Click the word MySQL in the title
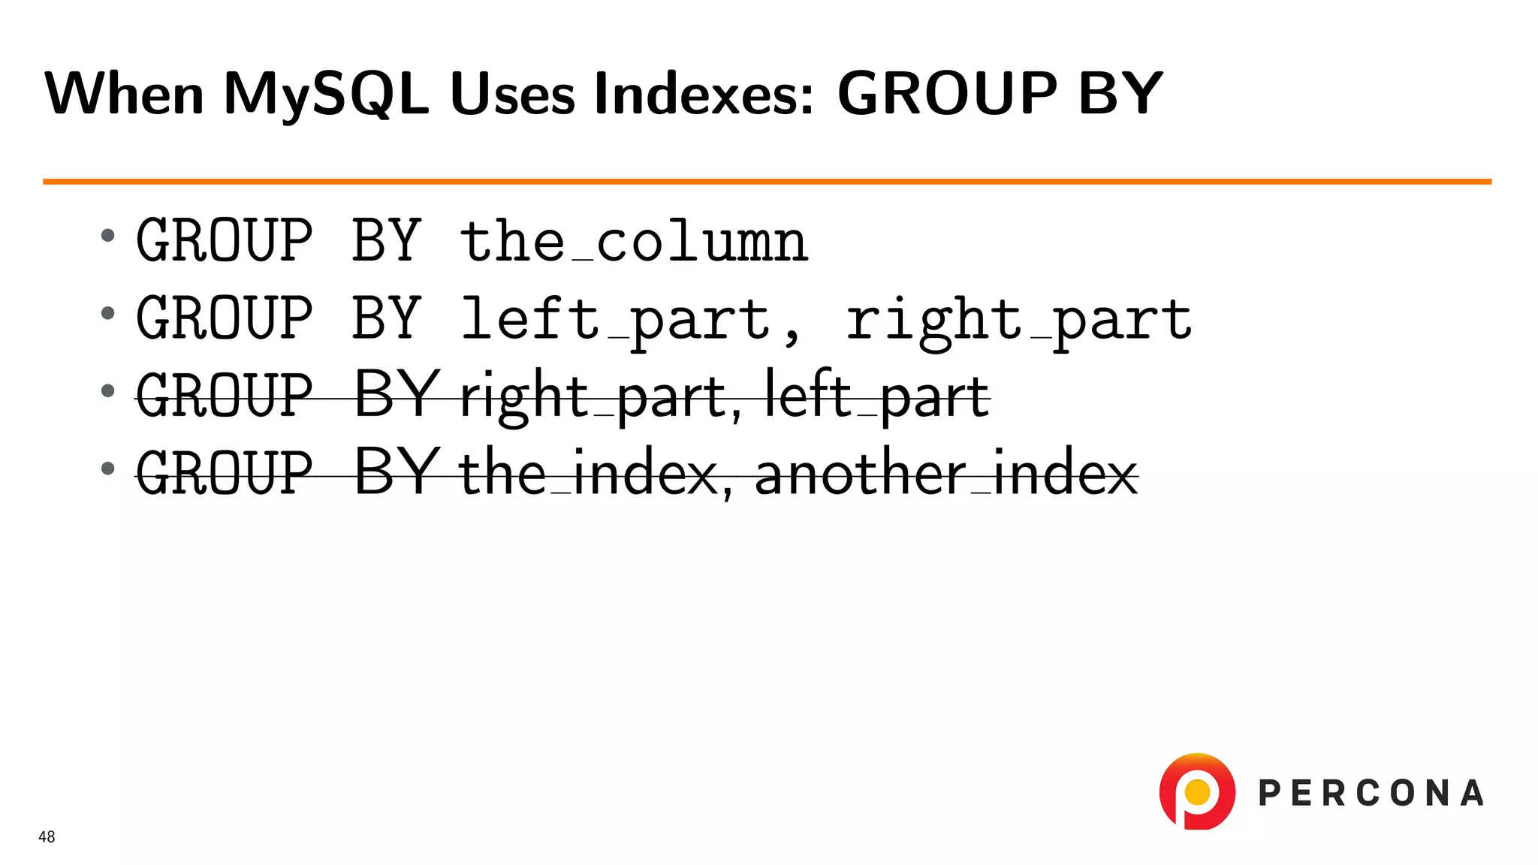pyautogui.click(x=325, y=95)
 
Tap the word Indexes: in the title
pyautogui.click(x=704, y=95)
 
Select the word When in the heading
pyautogui.click(x=124, y=95)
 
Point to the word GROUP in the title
pyautogui.click(x=947, y=95)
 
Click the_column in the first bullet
pyautogui.click(x=634, y=242)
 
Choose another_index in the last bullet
pyautogui.click(x=946, y=474)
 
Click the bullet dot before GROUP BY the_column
pyautogui.click(x=108, y=236)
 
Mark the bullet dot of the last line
pyautogui.click(x=108, y=469)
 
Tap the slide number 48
pyautogui.click(x=47, y=836)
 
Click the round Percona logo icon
pyautogui.click(x=1197, y=791)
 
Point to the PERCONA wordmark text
pyautogui.click(x=1371, y=794)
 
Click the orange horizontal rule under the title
pyautogui.click(x=766, y=181)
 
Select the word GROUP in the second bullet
pyautogui.click(x=224, y=318)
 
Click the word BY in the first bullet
pyautogui.click(x=386, y=242)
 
